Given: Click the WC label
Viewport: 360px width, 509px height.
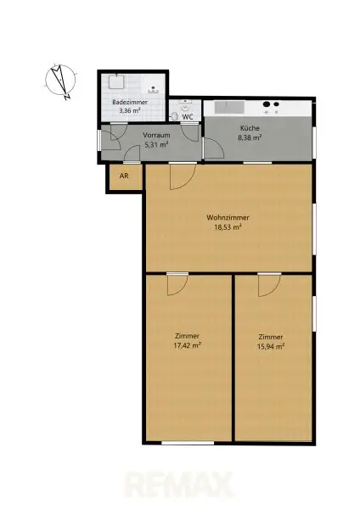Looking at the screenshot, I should click(x=187, y=117).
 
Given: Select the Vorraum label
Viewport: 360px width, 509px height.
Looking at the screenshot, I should click(x=156, y=136).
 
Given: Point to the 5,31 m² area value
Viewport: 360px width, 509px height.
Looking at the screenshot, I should click(x=156, y=145).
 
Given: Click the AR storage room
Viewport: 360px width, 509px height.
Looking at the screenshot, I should click(x=124, y=177).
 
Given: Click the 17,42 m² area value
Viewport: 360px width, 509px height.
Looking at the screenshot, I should click(x=188, y=346).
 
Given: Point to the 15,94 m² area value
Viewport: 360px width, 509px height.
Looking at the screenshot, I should click(x=271, y=346).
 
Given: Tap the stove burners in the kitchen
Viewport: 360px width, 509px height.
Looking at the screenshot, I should click(x=273, y=108).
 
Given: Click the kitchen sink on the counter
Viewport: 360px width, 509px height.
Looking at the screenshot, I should click(x=229, y=108).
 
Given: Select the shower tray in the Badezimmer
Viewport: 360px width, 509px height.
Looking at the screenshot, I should click(x=115, y=83).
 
